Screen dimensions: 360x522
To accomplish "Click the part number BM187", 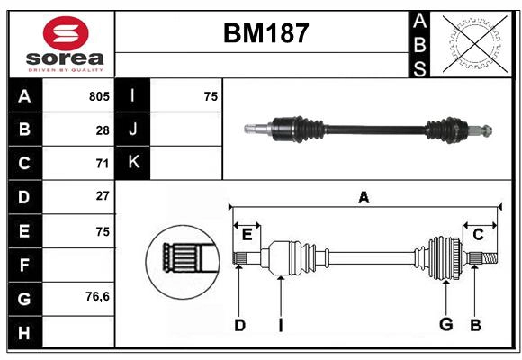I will [265, 34].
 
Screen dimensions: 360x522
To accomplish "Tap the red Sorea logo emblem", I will [66, 35].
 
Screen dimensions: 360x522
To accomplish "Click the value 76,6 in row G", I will [97, 296].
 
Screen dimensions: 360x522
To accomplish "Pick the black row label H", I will [24, 333].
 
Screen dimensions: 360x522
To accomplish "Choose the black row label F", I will [24, 265].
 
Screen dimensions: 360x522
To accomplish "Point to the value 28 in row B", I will [103, 130].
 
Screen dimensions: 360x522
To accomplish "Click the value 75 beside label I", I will [211, 96].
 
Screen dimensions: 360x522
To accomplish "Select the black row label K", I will [133, 163].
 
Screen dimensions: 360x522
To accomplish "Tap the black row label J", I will [133, 130].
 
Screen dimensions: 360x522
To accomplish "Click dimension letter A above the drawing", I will [364, 198].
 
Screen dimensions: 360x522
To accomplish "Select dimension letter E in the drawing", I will [247, 234].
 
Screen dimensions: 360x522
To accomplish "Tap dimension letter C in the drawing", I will [478, 234].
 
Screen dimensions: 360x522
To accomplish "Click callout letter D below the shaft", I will [239, 325].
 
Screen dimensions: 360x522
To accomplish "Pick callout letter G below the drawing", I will [445, 325].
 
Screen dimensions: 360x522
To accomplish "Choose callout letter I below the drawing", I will [280, 325].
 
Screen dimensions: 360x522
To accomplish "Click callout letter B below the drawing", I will [475, 325].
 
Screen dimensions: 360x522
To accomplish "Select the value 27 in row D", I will [103, 196].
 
